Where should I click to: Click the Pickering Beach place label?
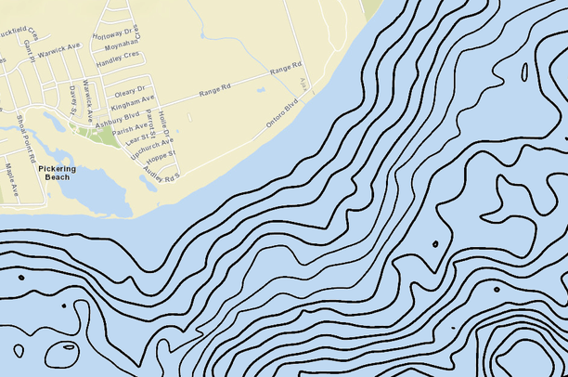coord(58,173)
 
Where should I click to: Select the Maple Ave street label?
coord(12,179)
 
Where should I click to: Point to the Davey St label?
coord(73,97)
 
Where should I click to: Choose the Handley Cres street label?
coord(118,57)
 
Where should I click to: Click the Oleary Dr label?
coord(129,91)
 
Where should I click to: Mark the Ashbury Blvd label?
coord(118,116)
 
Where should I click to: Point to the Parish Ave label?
coord(129,128)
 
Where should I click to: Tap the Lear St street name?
coord(136,138)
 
